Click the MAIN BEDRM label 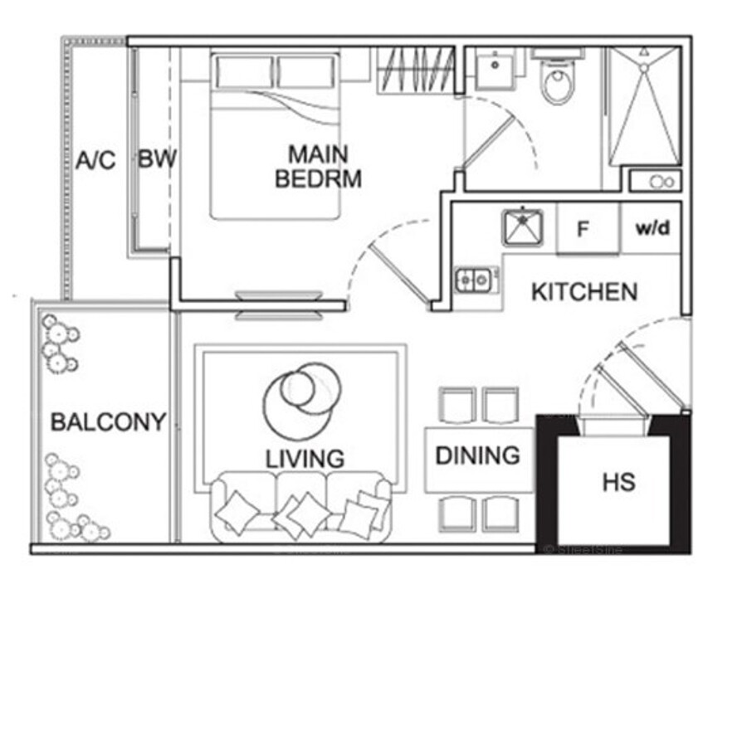point(318,167)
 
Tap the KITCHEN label point(584,291)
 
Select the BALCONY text point(108,422)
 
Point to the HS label point(619,482)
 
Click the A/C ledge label point(95,160)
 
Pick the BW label point(157,158)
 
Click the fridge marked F point(588,228)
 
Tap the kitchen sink point(523,227)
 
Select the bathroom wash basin point(495,70)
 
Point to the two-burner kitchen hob point(474,280)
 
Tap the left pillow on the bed point(244,72)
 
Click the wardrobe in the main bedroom point(416,70)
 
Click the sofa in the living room point(301,508)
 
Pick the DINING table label point(477,455)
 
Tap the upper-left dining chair point(457,405)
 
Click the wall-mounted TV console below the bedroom point(279,305)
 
